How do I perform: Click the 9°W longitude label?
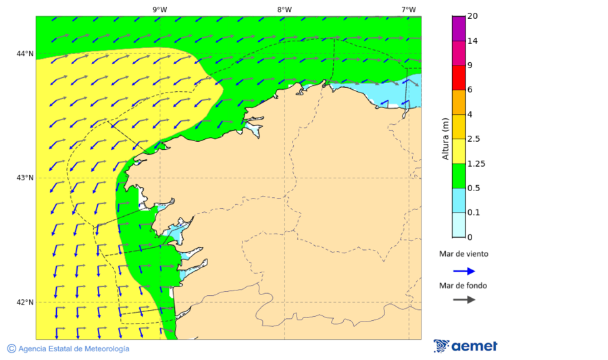(159, 9)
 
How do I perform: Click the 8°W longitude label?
(284, 9)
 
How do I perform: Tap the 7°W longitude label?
(408, 9)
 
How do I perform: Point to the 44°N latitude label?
(25, 54)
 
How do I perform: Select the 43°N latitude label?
(25, 178)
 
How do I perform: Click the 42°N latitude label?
(25, 303)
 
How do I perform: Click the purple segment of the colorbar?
(459, 28)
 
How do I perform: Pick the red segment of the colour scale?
(459, 78)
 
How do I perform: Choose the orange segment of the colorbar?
(459, 102)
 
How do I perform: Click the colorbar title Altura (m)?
(445, 139)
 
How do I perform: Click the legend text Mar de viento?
(463, 255)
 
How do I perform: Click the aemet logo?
(465, 346)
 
